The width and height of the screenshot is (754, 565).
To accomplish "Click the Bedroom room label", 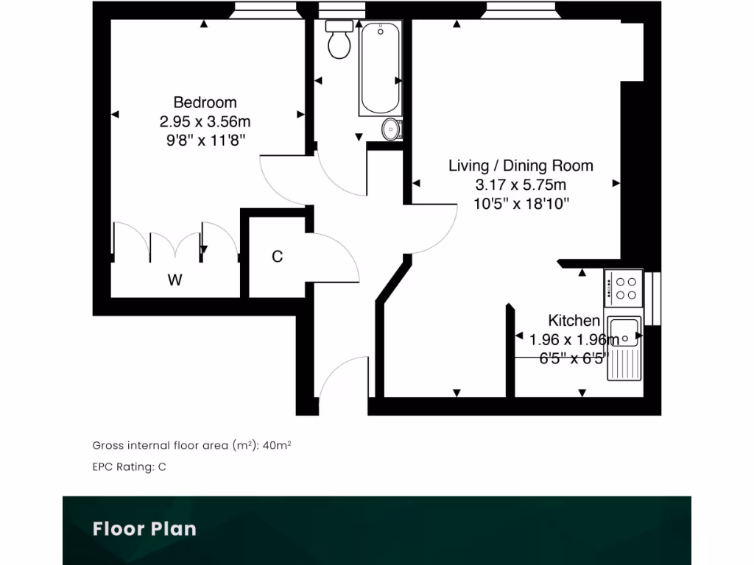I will pyautogui.click(x=205, y=102).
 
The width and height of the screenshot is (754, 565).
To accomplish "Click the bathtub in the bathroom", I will pyautogui.click(x=380, y=68).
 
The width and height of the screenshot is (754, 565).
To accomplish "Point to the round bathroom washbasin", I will pyautogui.click(x=392, y=129).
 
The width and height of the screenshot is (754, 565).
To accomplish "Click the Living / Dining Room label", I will pyautogui.click(x=521, y=166).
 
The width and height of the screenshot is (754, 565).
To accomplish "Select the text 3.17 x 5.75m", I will pyautogui.click(x=521, y=185).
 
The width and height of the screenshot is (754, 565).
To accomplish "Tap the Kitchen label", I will pyautogui.click(x=574, y=320).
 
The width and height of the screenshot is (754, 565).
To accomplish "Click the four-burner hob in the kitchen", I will pyautogui.click(x=624, y=288).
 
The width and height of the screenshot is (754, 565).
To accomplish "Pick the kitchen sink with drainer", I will pyautogui.click(x=624, y=347).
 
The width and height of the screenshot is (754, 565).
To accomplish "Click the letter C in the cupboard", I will pyautogui.click(x=277, y=257).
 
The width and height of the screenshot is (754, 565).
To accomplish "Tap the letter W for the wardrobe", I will pyautogui.click(x=175, y=280).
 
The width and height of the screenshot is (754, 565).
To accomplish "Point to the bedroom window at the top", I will pyautogui.click(x=265, y=10).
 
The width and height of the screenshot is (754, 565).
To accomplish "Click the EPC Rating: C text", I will pyautogui.click(x=129, y=467).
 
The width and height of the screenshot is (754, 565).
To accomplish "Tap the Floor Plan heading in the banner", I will pyautogui.click(x=144, y=528).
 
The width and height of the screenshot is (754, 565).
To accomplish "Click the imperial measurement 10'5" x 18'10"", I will pyautogui.click(x=521, y=204).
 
